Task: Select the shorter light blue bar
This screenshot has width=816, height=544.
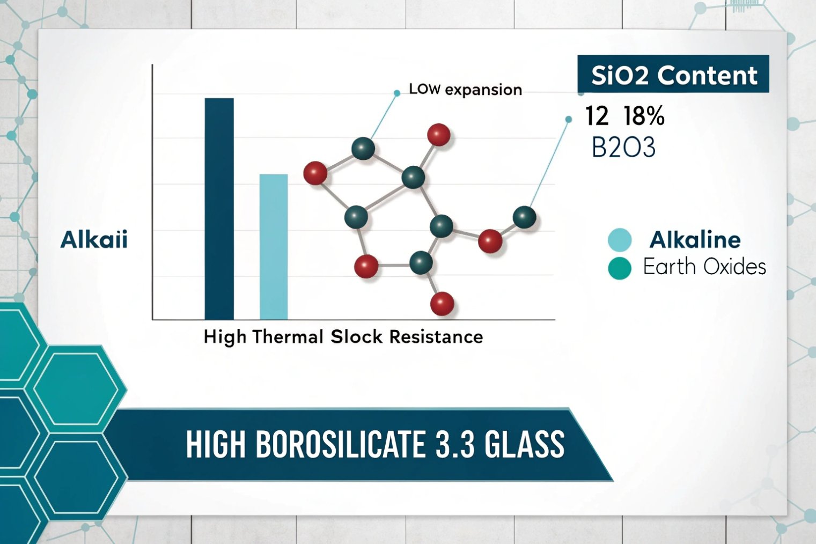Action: [x=274, y=247]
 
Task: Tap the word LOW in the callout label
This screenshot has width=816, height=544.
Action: [x=425, y=89]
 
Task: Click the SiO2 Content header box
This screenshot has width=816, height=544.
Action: [x=673, y=75]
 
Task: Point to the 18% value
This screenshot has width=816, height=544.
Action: [x=644, y=116]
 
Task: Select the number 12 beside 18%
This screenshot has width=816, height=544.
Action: [x=597, y=116]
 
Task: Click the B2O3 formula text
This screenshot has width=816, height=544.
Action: [x=623, y=148]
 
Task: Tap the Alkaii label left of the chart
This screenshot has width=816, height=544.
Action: [x=94, y=239]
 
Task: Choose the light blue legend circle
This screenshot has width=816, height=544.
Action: [x=620, y=239]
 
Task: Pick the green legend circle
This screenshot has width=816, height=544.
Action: [x=620, y=268]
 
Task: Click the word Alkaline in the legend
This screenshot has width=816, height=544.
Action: [x=695, y=239]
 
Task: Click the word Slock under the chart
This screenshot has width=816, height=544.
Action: [x=357, y=337]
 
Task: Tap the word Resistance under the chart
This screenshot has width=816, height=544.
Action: [x=436, y=337]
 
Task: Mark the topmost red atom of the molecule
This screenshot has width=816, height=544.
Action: [x=439, y=135]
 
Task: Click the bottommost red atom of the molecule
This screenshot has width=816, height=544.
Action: [x=442, y=304]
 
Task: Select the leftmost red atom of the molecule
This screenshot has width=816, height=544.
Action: [x=315, y=173]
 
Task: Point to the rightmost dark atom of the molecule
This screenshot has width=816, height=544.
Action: [x=524, y=217]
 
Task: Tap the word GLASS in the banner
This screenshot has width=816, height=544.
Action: [x=524, y=444]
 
